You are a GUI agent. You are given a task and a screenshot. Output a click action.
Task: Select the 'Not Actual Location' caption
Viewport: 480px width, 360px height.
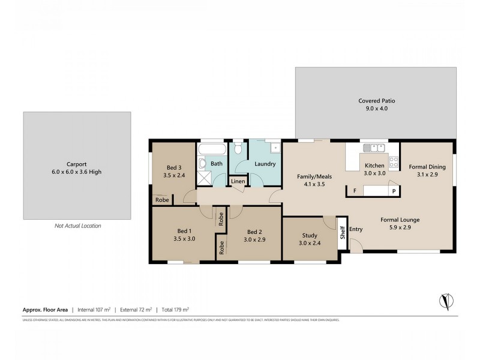click(77, 226)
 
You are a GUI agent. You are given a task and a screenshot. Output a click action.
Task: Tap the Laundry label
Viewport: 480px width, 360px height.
click(265, 164)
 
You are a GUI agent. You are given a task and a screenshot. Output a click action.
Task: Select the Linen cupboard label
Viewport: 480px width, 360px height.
click(238, 181)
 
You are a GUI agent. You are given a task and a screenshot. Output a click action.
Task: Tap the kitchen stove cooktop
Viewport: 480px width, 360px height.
click(394, 161)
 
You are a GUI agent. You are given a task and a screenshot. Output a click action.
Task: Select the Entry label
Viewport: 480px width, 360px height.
click(356, 229)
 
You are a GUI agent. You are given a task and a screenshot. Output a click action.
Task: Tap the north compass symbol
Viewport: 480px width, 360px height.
click(446, 300)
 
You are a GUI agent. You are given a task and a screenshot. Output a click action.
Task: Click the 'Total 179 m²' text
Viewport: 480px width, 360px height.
click(174, 310)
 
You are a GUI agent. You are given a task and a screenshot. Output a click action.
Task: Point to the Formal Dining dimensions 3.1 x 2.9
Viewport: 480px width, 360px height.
click(426, 175)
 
